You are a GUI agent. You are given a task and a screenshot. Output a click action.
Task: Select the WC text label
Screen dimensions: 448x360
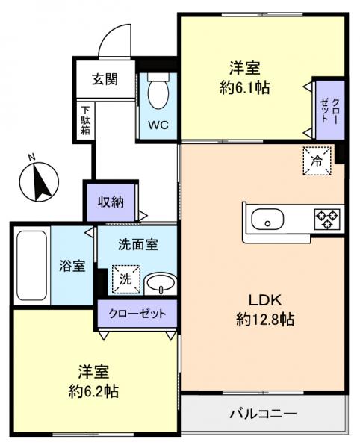click(x=158, y=124)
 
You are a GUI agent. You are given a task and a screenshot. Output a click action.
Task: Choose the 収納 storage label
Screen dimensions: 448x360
click(x=111, y=201)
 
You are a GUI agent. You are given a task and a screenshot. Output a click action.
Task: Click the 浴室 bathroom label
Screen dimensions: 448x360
click(x=72, y=266)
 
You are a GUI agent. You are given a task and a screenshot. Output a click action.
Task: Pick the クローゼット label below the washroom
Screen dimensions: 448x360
click(x=137, y=314)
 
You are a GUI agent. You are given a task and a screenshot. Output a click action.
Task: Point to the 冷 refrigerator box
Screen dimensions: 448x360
click(x=317, y=160)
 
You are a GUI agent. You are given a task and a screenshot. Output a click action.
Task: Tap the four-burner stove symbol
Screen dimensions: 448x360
click(x=327, y=218)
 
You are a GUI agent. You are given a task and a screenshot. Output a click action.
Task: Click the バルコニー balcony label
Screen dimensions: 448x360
click(x=263, y=413)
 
